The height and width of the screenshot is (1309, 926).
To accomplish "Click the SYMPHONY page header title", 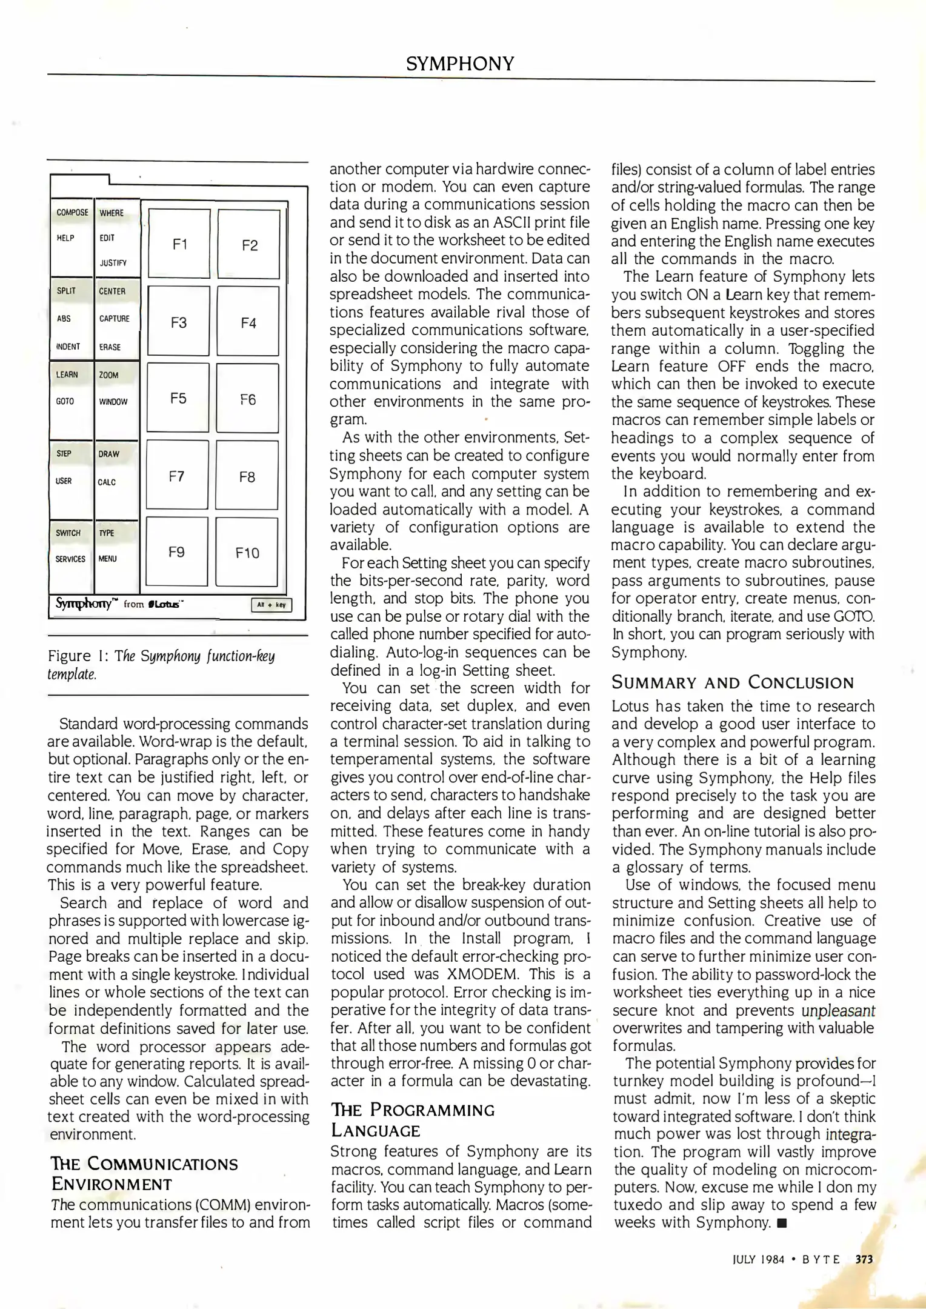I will pyautogui.click(x=460, y=63).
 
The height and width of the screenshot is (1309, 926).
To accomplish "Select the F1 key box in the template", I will pyautogui.click(x=179, y=244).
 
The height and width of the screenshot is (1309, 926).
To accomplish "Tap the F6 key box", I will pyautogui.click(x=248, y=399).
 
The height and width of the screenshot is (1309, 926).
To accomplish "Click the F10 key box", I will pyautogui.click(x=247, y=552).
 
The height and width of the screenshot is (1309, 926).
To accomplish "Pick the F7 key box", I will pyautogui.click(x=177, y=476).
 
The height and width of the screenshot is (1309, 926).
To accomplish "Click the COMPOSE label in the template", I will pyautogui.click(x=72, y=213).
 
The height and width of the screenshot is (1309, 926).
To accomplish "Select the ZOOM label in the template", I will pyautogui.click(x=109, y=375).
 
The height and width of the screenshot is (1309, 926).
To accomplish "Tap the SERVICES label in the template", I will pyautogui.click(x=70, y=559).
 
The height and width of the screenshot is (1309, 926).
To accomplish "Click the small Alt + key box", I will pyautogui.click(x=271, y=605).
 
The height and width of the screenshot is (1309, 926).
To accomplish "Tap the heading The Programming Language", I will pyautogui.click(x=412, y=1120).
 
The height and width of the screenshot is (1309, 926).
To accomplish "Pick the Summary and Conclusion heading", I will pyautogui.click(x=732, y=682).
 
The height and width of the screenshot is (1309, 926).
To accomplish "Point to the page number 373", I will pyautogui.click(x=864, y=1259).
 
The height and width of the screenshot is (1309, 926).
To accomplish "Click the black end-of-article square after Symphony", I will pyautogui.click(x=781, y=1222).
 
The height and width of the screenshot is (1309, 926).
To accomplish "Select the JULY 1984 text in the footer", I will pyautogui.click(x=758, y=1259).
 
